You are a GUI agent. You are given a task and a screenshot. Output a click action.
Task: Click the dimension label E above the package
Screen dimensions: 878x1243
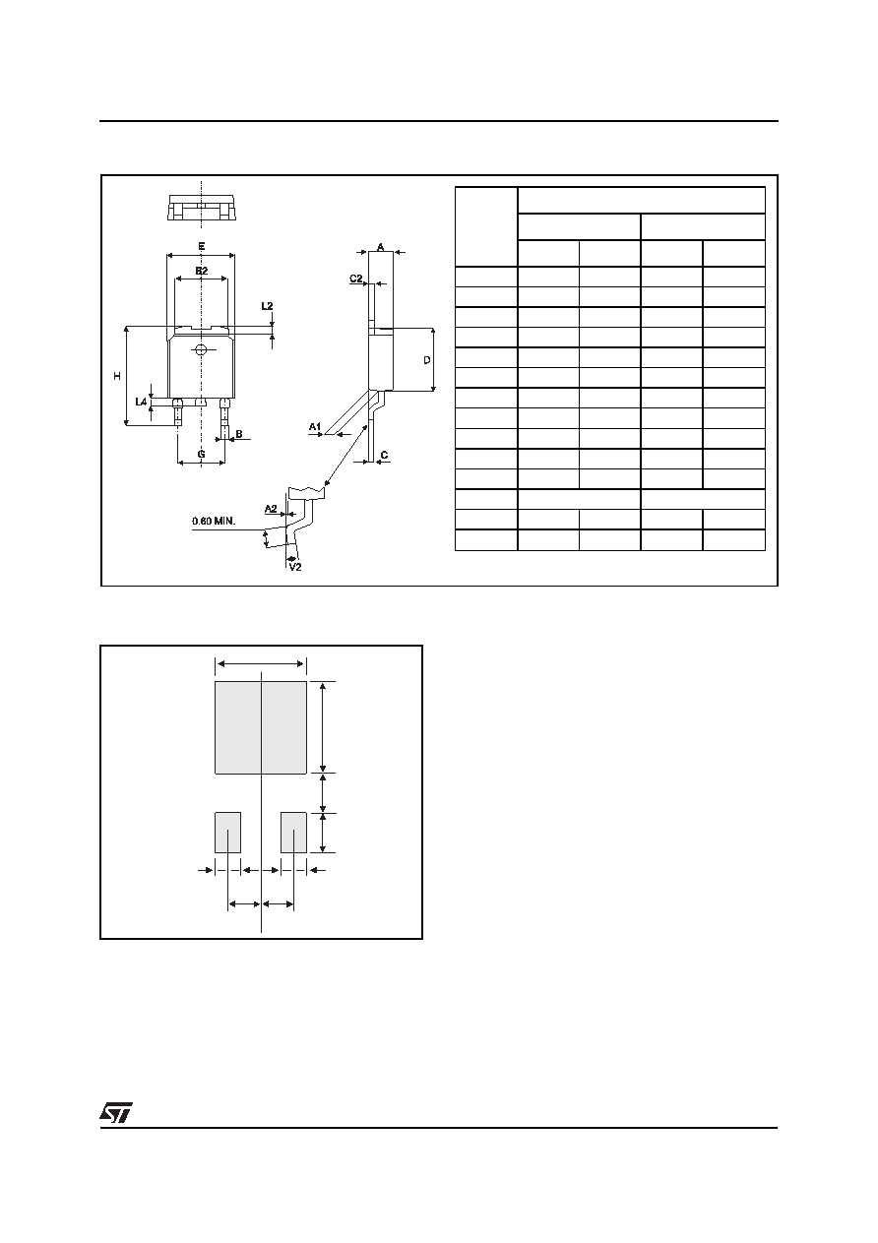202,246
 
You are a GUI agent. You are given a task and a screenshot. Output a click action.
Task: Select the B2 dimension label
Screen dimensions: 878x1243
202,271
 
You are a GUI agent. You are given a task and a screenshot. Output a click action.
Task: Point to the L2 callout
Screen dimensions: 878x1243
267,306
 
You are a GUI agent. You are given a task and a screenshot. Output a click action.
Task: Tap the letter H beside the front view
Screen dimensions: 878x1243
117,376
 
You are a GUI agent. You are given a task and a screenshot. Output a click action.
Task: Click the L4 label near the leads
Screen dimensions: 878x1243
141,402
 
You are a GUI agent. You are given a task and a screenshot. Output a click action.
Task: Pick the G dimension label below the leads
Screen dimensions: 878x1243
202,454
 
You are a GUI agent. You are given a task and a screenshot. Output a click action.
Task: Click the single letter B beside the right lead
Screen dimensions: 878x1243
239,433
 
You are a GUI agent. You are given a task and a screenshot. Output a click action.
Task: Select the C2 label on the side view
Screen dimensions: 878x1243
355,278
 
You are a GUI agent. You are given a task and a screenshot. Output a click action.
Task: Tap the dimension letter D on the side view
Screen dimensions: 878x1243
427,360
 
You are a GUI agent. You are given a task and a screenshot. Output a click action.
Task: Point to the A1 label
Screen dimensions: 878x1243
315,427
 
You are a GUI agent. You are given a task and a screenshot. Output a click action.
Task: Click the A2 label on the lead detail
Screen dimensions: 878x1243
271,508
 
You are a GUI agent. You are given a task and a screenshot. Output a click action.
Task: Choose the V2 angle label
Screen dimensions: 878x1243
295,567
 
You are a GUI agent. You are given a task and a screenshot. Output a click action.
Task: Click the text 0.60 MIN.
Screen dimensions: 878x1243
214,521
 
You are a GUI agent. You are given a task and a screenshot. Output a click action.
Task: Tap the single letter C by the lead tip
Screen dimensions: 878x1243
384,456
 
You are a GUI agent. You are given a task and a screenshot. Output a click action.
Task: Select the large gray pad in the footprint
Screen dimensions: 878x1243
261,727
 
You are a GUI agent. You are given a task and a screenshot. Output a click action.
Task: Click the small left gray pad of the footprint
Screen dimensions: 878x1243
228,833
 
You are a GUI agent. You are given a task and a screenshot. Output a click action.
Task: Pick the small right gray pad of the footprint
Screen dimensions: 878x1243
293,833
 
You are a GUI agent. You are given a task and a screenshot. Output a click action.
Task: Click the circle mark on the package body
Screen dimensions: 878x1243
201,349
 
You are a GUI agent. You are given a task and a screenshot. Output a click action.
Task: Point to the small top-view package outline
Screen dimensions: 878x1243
202,208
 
